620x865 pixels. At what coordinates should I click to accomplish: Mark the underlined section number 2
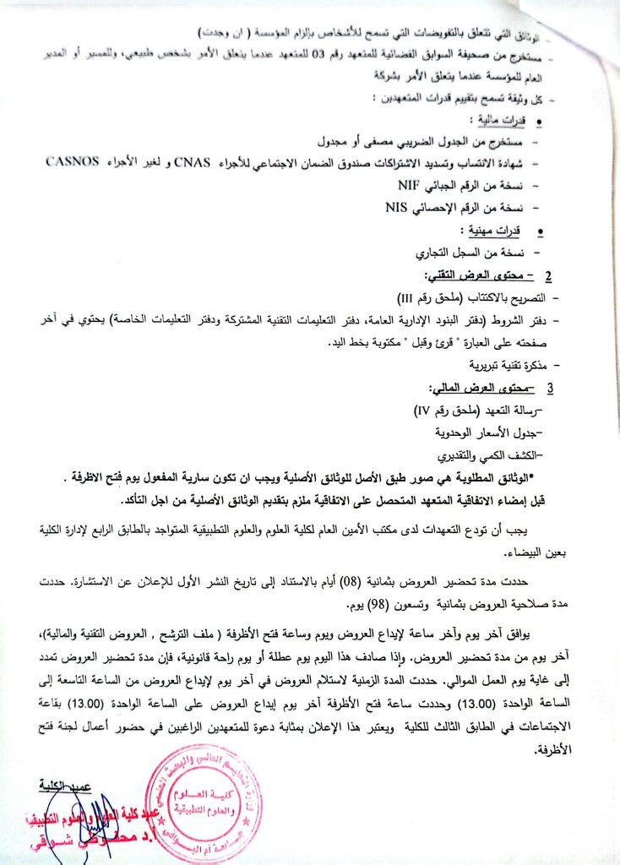tap(548, 276)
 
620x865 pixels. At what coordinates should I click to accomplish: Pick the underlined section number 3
tap(550, 389)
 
